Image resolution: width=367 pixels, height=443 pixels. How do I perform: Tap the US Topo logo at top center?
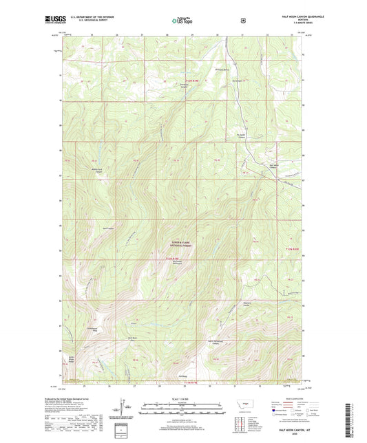point(181,21)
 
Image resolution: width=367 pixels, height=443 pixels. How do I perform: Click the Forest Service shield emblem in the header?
point(243,21)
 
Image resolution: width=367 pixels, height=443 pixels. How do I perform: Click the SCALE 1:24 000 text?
point(181,398)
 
